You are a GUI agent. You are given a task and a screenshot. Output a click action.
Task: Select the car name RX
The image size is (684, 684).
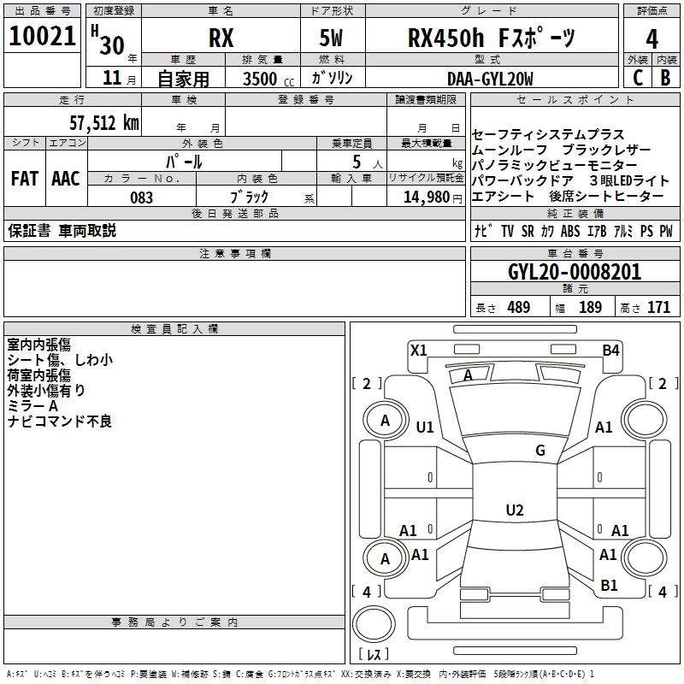coord(221,39)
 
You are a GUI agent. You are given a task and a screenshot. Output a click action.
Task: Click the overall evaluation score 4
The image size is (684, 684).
coord(652,39)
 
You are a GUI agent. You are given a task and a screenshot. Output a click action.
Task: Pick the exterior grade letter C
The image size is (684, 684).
coord(637,78)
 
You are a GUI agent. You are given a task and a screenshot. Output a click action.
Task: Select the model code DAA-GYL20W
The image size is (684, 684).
coord(490,79)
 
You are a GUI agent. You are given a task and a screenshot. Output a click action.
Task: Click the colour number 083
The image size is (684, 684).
coord(142,198)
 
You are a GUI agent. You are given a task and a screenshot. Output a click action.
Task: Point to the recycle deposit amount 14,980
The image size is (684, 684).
coord(421,198)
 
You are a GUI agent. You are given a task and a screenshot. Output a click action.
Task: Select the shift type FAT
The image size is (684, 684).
coord(25,178)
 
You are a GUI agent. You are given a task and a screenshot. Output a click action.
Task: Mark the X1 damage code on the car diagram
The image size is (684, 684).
coord(419,350)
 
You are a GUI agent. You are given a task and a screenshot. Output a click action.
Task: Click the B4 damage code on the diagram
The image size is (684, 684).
coord(610,350)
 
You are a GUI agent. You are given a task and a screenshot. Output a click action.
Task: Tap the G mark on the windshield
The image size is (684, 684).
coord(540,451)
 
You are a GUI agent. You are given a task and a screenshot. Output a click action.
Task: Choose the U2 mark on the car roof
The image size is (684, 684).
coord(515,510)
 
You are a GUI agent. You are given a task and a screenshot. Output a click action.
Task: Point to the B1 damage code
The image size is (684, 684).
coord(609,585)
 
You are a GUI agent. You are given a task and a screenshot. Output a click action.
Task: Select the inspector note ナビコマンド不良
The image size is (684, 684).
coord(60,422)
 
